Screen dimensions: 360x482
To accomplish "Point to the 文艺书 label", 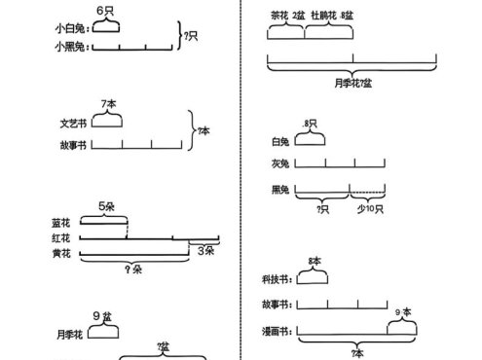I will [73, 124].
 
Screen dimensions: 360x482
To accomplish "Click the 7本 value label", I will [107, 103].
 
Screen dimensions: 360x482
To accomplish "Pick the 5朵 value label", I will [108, 206].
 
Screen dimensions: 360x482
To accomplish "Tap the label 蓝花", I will [61, 223].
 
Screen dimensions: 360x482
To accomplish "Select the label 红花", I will [61, 237].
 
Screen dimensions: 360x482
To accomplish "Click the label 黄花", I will [61, 254].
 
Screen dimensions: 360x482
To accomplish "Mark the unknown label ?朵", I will [133, 269].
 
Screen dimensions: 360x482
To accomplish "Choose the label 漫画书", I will [277, 332].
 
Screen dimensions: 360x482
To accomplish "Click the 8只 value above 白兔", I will [311, 123].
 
